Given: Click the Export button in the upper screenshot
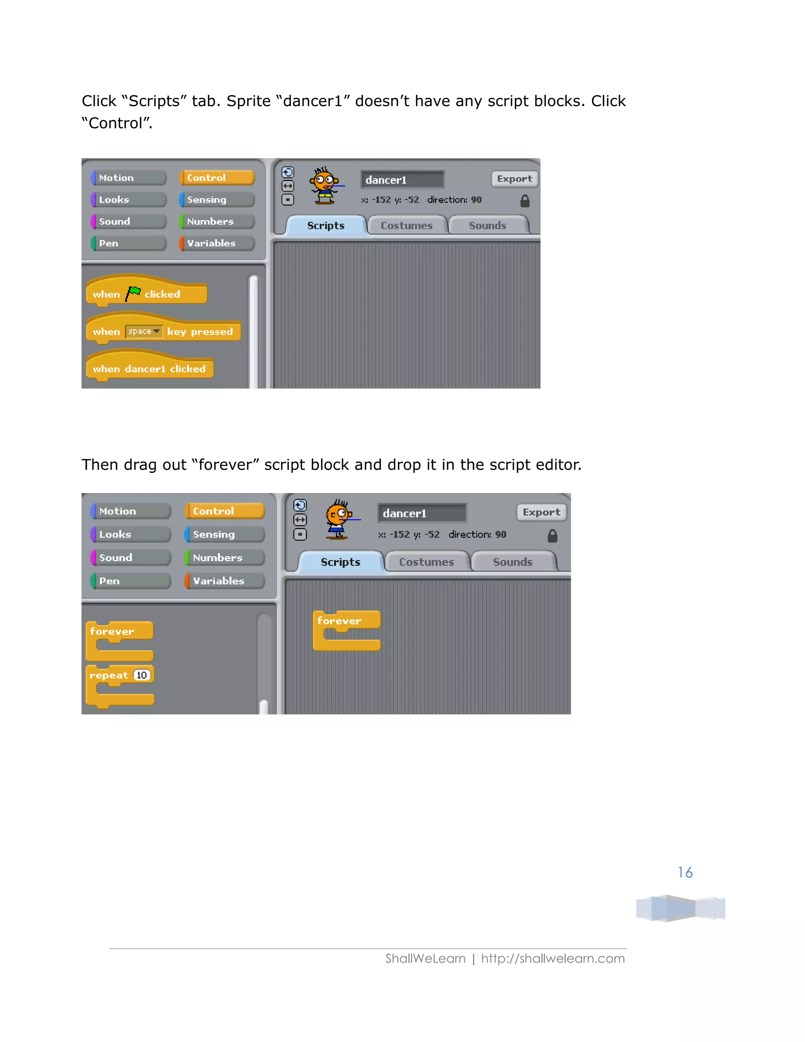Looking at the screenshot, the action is tap(514, 179).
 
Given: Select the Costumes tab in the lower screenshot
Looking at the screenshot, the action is tap(426, 562).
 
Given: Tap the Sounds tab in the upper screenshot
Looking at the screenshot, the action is tap(487, 226).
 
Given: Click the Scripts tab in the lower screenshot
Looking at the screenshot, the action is tap(340, 562).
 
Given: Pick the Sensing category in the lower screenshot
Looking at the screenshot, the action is tap(224, 534).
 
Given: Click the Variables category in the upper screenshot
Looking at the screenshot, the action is tap(217, 243).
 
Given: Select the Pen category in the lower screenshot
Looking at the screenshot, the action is tap(130, 581).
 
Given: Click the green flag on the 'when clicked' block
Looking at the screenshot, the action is tap(133, 293).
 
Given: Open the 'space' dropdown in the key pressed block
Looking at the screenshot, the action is tap(144, 331).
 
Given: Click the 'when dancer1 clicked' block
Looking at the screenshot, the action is tap(149, 369).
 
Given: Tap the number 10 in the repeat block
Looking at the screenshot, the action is tap(142, 675).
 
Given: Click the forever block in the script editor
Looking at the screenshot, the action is tap(340, 621).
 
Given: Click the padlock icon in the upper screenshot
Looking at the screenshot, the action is tap(525, 201).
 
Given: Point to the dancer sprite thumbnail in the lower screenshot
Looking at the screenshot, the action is tap(338, 519).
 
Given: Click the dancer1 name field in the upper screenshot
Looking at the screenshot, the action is tap(402, 180).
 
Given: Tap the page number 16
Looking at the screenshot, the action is tap(685, 873).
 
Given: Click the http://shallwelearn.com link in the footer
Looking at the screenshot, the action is tap(552, 959).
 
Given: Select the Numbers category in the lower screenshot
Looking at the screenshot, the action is tap(224, 558).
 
